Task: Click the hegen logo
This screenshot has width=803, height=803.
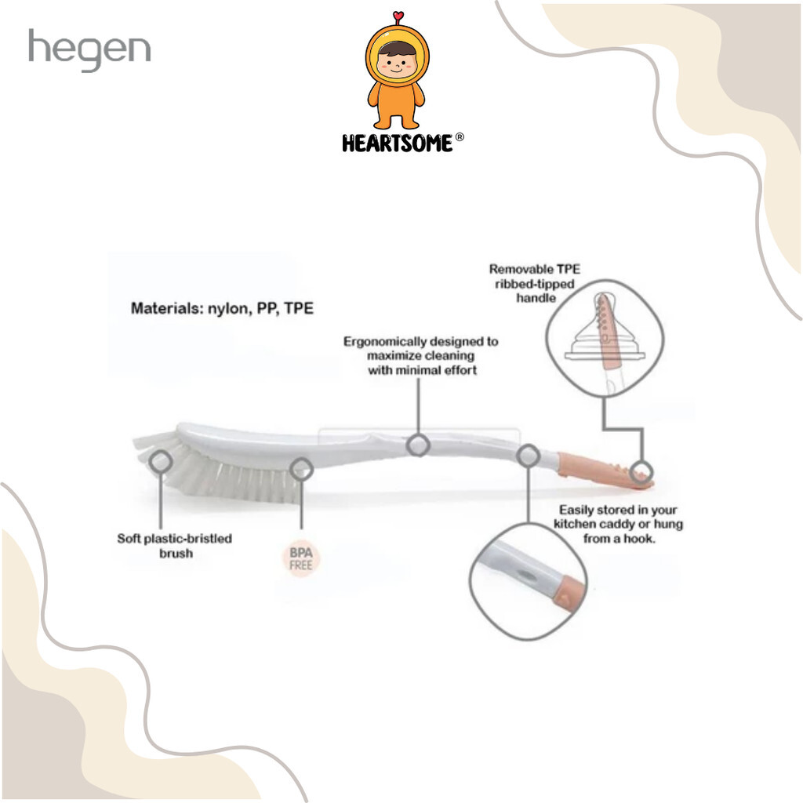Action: [x=89, y=49]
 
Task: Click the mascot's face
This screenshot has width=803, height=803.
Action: [x=397, y=64]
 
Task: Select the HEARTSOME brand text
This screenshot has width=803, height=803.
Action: [x=398, y=144]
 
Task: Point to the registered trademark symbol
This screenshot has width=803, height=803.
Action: [x=460, y=137]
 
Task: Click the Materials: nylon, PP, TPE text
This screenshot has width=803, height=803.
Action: [x=222, y=308]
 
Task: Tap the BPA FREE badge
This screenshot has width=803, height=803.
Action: [x=300, y=558]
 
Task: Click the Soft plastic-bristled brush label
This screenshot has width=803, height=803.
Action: [x=175, y=546]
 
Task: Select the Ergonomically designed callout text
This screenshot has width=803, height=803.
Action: [x=421, y=355]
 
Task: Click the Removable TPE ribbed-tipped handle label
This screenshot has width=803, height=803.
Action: [x=535, y=283]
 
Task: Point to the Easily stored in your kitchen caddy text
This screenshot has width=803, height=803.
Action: [x=618, y=524]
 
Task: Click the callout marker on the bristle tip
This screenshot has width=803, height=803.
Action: [x=160, y=462]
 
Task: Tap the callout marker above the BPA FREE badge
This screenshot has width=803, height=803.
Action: [x=302, y=469]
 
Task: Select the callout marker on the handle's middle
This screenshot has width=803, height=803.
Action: [x=418, y=445]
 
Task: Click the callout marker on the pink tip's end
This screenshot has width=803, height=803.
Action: [x=641, y=471]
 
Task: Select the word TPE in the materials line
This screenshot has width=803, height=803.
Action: [x=299, y=308]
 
